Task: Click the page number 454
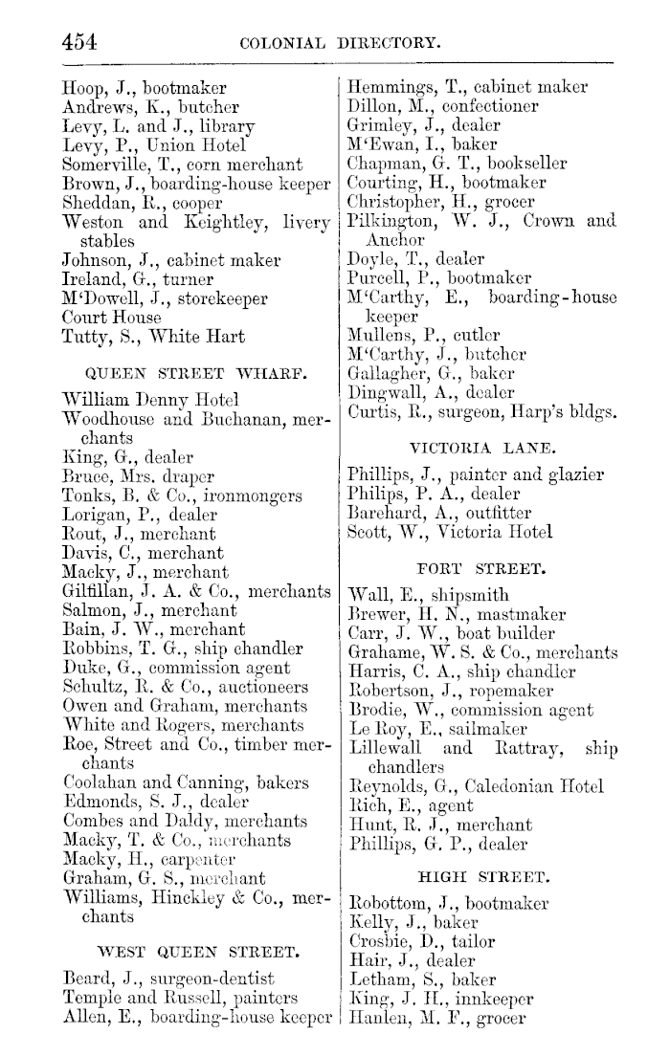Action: [79, 41]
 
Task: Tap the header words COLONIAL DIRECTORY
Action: [341, 42]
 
